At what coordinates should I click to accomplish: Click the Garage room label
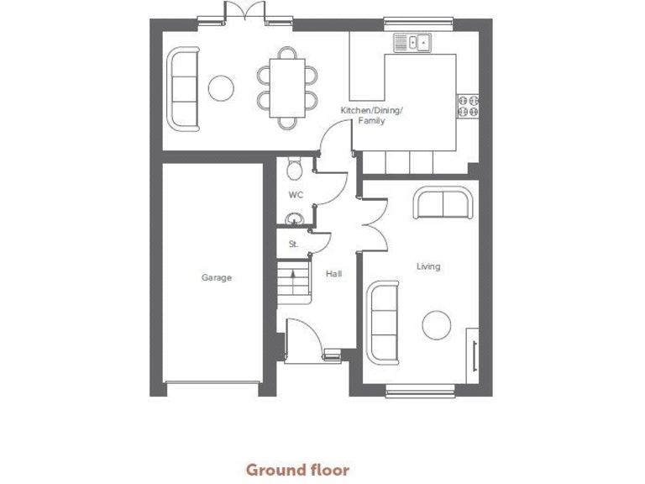pyautogui.click(x=216, y=277)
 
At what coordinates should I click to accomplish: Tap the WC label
pyautogui.click(x=295, y=194)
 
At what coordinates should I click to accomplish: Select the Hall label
pyautogui.click(x=334, y=273)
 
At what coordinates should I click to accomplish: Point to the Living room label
pyautogui.click(x=428, y=266)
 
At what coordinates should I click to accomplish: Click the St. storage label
pyautogui.click(x=293, y=245)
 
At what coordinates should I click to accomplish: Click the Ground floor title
pyautogui.click(x=296, y=469)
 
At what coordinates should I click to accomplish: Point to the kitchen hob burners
pyautogui.click(x=468, y=106)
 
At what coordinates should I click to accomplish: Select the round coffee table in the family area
pyautogui.click(x=221, y=87)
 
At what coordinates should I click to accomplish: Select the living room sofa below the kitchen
pyautogui.click(x=442, y=204)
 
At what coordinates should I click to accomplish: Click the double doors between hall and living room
pyautogui.click(x=372, y=225)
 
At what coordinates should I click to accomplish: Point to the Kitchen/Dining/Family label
pyautogui.click(x=371, y=116)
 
